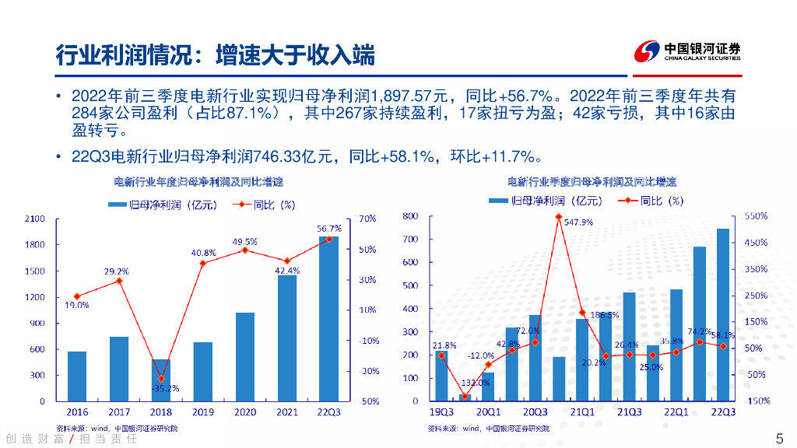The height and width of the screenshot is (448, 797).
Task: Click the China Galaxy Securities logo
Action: [686, 52]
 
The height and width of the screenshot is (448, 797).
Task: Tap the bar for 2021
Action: [286, 338]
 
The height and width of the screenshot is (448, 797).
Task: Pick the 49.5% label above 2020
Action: [244, 242]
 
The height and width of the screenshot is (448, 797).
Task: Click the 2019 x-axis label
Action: [202, 411]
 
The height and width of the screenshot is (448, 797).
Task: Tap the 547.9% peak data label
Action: [578, 222]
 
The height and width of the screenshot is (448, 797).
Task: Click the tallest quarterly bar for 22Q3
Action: [723, 314]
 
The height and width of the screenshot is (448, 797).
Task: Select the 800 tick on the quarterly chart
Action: [410, 216]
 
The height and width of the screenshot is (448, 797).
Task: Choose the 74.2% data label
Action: [700, 331]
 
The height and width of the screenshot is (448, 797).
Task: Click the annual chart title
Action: [198, 182]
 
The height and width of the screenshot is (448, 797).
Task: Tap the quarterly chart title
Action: [592, 182]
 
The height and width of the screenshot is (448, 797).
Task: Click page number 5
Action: [780, 437]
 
